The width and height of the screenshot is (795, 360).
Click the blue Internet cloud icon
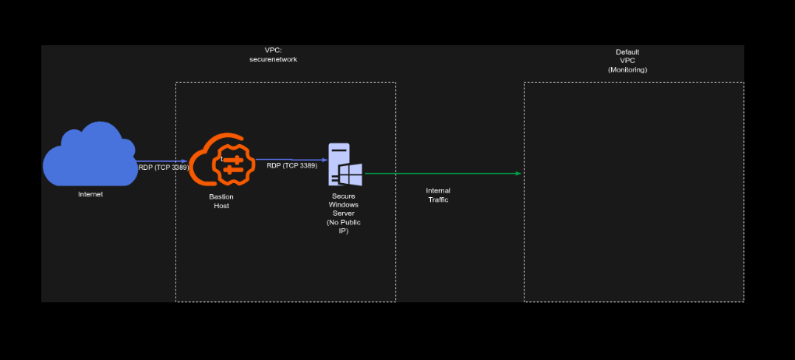(89, 155)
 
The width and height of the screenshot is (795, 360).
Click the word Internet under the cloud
(90, 194)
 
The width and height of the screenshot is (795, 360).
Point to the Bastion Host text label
(221, 201)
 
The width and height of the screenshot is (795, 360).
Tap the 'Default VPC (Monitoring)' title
(627, 61)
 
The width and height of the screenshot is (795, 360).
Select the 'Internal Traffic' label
(438, 195)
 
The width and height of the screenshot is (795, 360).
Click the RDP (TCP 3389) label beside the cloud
(163, 167)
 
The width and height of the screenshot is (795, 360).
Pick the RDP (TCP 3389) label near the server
(291, 165)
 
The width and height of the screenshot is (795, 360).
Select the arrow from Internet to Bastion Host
(161, 161)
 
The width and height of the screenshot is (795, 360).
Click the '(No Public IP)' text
(344, 227)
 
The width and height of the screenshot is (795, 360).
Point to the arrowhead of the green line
(518, 174)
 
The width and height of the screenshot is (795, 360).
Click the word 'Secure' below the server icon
(344, 196)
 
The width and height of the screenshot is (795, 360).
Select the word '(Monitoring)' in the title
(627, 70)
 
